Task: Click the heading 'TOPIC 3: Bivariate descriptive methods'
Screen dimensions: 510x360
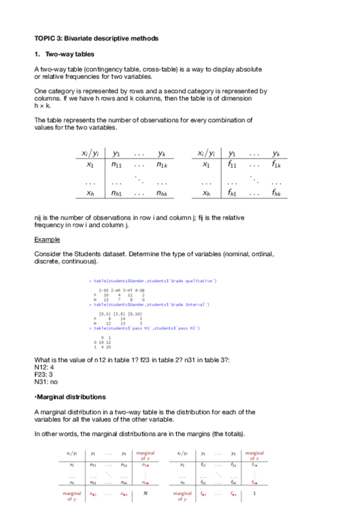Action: (96, 38)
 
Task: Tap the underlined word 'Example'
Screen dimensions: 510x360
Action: (47, 239)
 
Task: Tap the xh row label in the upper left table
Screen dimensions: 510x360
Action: (90, 193)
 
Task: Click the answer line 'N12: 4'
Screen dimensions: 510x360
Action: (44, 366)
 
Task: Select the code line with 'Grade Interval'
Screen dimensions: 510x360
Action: (148, 305)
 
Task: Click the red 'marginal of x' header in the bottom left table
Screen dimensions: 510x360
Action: (145, 456)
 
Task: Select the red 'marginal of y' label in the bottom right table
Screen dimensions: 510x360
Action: (182, 496)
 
